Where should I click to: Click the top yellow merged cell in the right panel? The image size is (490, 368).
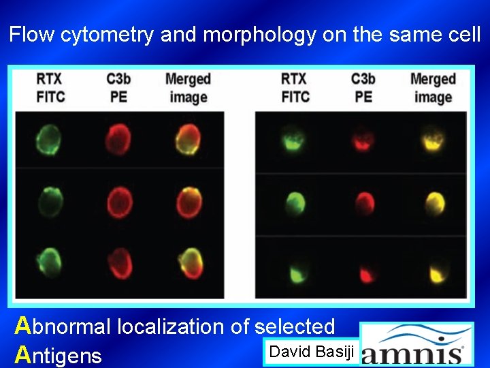(432, 142)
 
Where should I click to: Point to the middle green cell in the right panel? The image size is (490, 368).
(295, 202)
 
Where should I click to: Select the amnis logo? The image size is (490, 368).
(416, 345)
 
